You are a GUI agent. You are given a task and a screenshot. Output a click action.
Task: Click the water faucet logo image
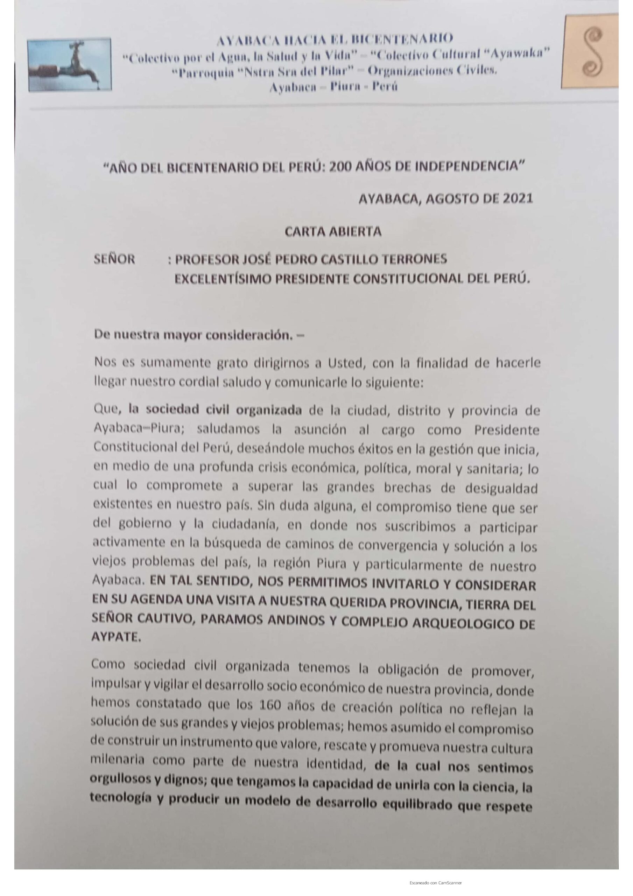[69, 64]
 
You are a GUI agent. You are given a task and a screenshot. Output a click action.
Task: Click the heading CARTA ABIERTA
[333, 232]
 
